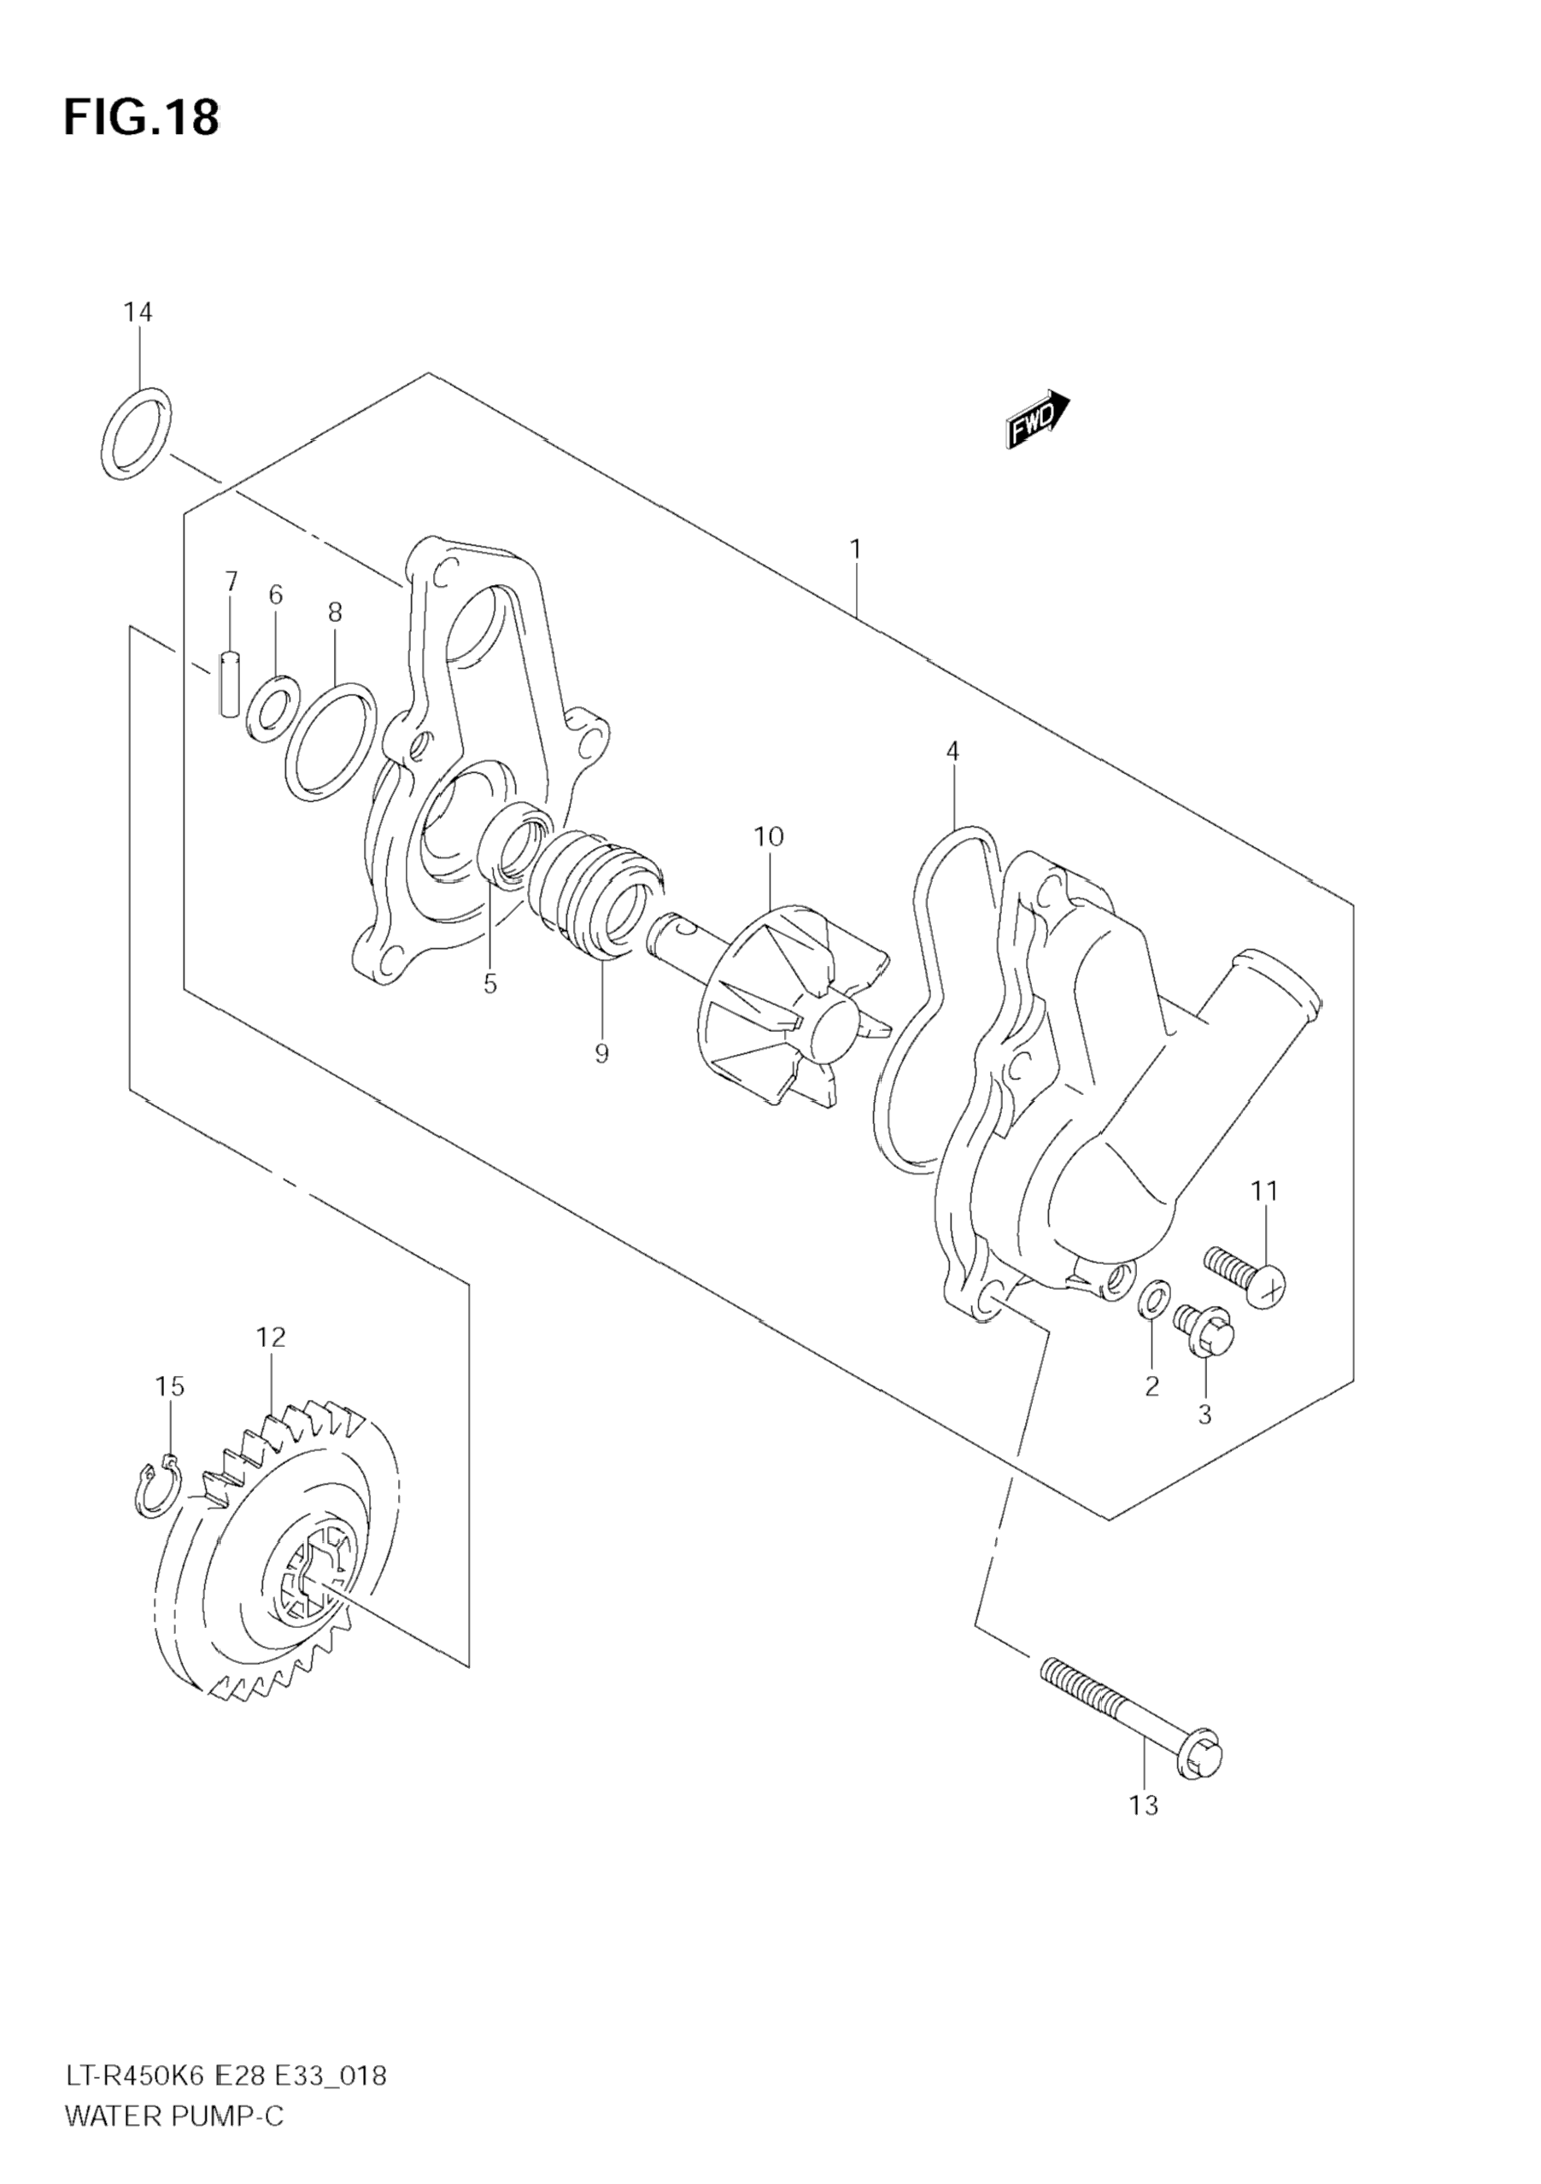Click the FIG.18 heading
(x=141, y=117)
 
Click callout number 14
(x=138, y=312)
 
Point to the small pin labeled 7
(x=229, y=682)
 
